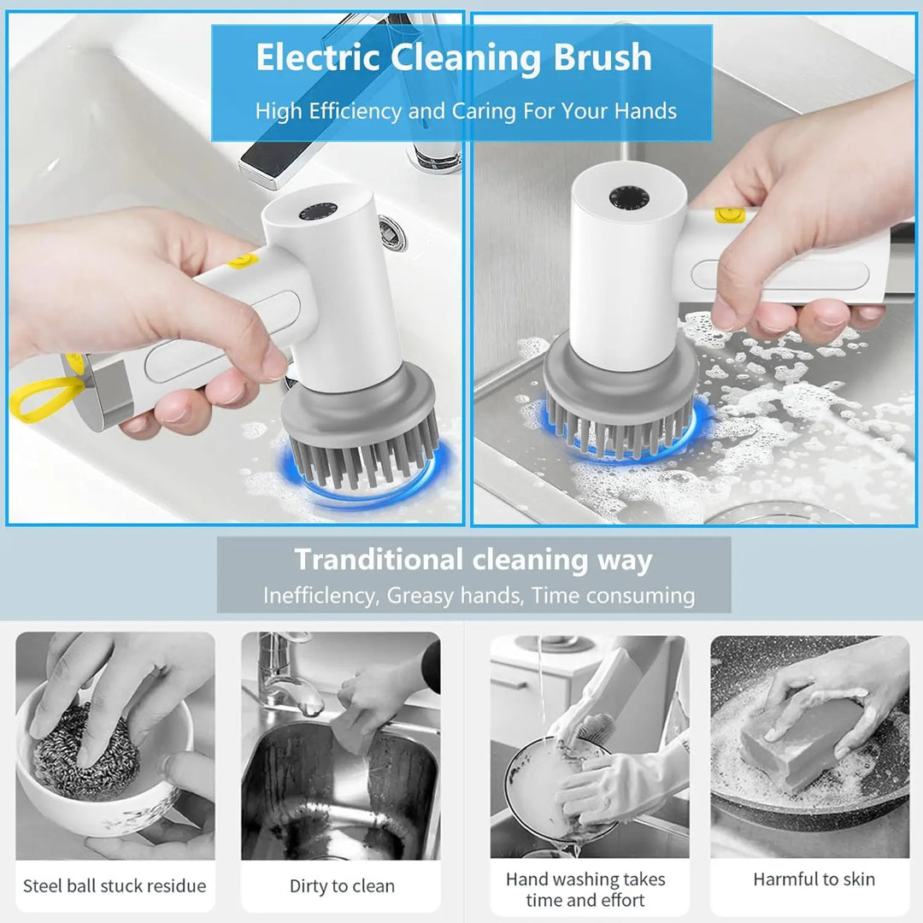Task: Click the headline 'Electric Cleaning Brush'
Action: [454, 58]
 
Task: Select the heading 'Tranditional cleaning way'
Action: [473, 561]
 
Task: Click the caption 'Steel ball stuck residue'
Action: [115, 886]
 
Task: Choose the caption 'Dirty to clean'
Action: [342, 886]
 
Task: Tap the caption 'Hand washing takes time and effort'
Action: [585, 889]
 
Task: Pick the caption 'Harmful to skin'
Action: [814, 879]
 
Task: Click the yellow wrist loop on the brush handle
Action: [44, 399]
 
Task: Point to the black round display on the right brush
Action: [629, 198]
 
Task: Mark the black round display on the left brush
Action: [318, 211]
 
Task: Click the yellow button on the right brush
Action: [731, 214]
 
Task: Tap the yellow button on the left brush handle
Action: [244, 260]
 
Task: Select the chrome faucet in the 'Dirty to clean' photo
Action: [286, 675]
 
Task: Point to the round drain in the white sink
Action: [391, 233]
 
